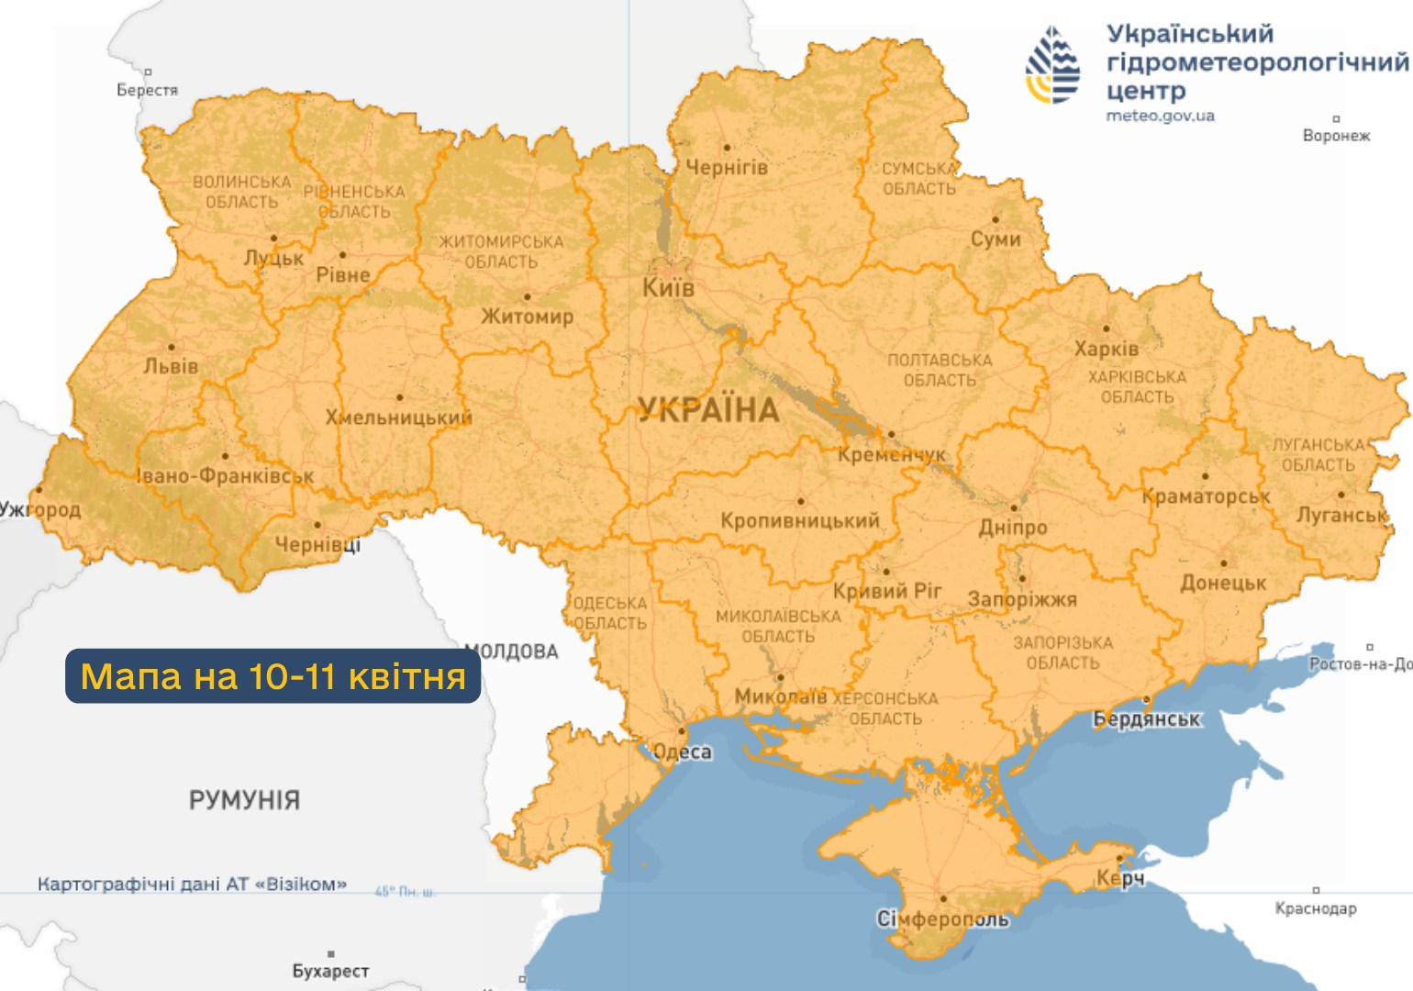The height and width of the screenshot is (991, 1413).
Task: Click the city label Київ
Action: pos(668,288)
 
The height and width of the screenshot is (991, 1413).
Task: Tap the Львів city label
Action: pos(171,366)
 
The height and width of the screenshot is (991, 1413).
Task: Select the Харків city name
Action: pos(1106,350)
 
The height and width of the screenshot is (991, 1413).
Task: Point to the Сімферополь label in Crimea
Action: pos(942,919)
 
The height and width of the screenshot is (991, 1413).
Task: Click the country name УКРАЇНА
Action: pos(708,410)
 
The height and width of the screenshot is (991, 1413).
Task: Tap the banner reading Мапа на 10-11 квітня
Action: pos(273,676)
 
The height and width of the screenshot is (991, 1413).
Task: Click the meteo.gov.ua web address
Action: pos(1160,116)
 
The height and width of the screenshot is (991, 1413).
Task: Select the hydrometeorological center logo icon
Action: pos(1052,65)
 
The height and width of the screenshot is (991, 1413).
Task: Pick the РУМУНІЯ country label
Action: pos(244,800)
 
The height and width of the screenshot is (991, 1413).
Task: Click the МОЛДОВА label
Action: pos(512,651)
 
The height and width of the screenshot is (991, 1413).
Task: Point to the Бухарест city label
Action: pos(330,971)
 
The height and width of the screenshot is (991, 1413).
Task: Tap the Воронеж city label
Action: pos(1336,136)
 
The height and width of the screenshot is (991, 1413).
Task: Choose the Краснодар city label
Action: pos(1315,908)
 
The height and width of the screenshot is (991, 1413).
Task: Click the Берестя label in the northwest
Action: pos(147,90)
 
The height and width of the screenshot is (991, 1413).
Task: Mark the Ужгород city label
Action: pos(40,509)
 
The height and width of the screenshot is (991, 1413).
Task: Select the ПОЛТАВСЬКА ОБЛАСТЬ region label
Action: pos(940,370)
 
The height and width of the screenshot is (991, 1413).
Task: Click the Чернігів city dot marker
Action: pos(727,147)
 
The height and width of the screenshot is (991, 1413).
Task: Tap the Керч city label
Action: pos(1119,878)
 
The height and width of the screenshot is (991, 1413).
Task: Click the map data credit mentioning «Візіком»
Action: pos(192,885)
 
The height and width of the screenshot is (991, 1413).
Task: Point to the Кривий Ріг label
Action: pos(886,591)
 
